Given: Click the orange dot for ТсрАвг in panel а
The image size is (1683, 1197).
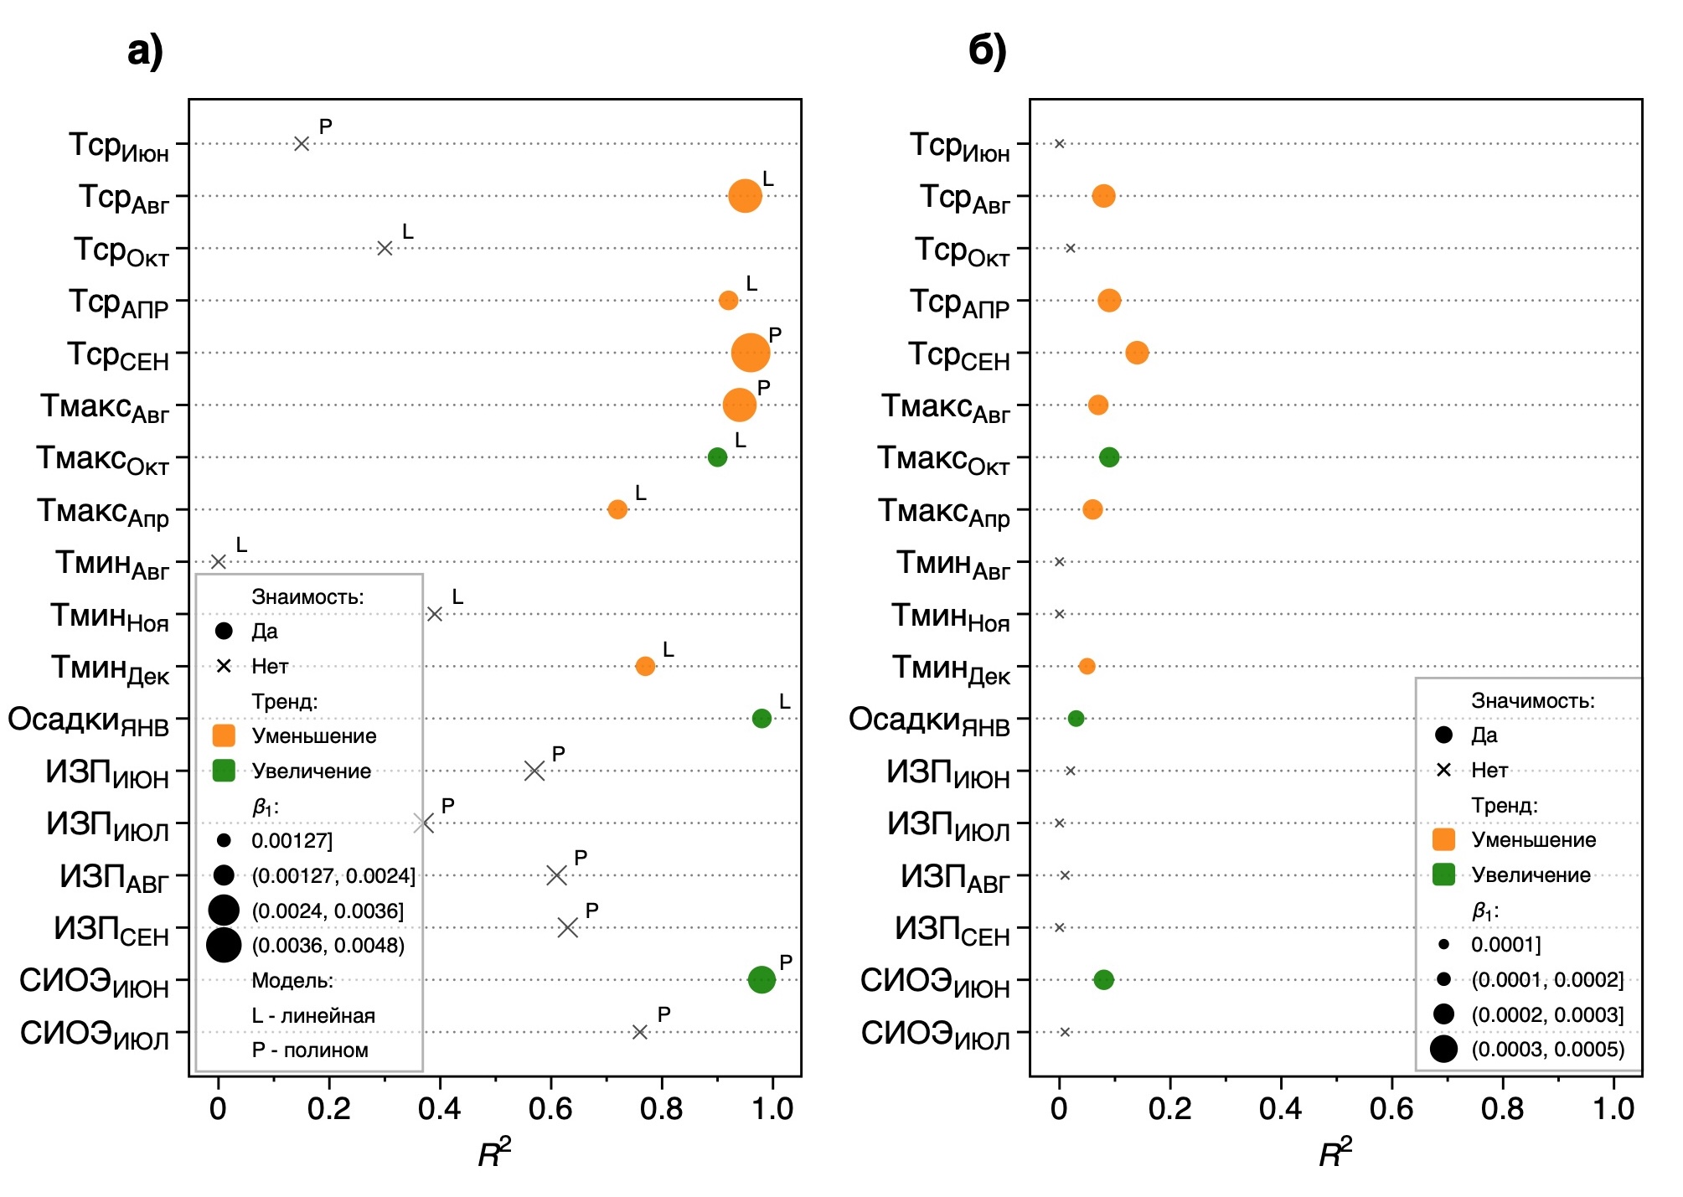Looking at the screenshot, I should click(745, 196).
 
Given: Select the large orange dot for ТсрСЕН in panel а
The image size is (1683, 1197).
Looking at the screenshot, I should click(750, 353).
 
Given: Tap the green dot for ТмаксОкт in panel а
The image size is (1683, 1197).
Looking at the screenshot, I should click(717, 457).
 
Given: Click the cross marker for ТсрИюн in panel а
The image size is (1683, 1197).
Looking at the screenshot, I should click(302, 144).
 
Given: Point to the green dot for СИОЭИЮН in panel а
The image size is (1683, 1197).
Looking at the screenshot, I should click(761, 979).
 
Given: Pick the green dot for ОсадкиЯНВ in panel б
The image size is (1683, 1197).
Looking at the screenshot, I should click(1076, 719).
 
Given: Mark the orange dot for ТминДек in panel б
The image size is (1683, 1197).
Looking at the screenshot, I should click(1087, 666).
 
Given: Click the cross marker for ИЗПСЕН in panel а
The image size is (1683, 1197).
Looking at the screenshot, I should click(567, 927).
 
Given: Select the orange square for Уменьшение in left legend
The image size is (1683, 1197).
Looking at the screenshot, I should click(224, 735).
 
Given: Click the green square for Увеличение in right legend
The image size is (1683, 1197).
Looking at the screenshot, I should click(1443, 875).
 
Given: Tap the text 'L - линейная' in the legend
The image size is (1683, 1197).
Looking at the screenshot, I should click(313, 1015).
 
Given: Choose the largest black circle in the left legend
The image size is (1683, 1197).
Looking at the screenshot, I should click(224, 945).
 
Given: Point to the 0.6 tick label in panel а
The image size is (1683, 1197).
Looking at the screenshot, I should click(550, 1109).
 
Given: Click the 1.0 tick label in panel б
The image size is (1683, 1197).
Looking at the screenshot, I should click(1613, 1109).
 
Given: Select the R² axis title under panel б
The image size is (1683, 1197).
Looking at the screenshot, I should click(1335, 1153).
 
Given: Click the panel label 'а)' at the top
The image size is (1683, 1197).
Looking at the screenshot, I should click(145, 51).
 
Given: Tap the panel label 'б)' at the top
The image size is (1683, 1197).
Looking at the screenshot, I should click(987, 51).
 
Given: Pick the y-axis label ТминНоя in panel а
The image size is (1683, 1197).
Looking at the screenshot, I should click(110, 617).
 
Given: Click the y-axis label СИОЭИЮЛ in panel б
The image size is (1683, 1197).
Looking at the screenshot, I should click(935, 1034).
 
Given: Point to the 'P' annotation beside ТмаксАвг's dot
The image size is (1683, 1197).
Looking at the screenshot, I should click(763, 388).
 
